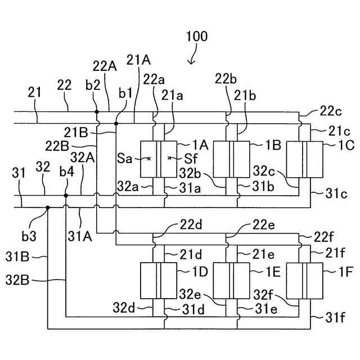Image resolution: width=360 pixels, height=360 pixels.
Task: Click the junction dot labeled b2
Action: tap(97, 112)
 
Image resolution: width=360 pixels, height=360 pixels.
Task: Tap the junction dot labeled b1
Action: tap(116, 124)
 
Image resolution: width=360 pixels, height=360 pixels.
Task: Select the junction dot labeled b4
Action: tap(66, 196)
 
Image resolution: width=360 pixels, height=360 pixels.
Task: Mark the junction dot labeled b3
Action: tap(48, 208)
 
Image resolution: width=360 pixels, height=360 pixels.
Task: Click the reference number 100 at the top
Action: tap(197, 37)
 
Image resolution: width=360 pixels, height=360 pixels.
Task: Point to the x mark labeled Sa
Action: tap(148, 158)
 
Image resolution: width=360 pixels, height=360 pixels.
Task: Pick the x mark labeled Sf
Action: tap(169, 158)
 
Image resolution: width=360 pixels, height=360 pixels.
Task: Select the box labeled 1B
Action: tap(231, 159)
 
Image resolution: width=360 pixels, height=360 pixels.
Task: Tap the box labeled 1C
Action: tap(305, 159)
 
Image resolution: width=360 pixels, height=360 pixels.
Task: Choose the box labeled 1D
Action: tap(159, 281)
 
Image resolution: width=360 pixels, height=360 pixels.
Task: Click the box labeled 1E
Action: tap(231, 281)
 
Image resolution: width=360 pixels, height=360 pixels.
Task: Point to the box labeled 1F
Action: tap(305, 281)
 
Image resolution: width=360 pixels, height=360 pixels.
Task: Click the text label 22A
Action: tap(105, 66)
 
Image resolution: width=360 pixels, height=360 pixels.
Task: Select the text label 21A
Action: tap(138, 60)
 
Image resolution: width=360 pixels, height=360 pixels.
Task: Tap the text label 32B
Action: tap(17, 280)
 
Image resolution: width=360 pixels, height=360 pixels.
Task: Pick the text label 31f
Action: tap(335, 318)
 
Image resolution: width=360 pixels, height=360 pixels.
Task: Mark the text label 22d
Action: tap(191, 225)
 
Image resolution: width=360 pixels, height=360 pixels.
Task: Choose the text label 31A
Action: tap(80, 236)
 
